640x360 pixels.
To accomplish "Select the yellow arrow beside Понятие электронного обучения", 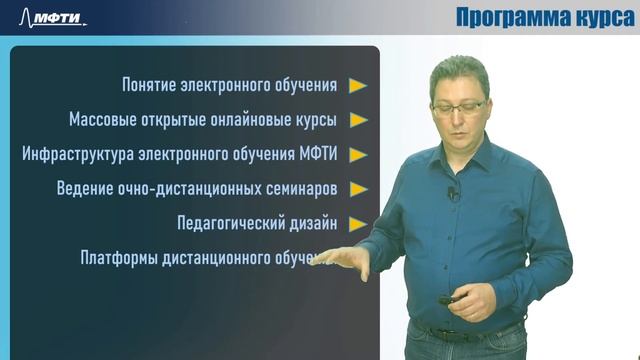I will click(358, 86).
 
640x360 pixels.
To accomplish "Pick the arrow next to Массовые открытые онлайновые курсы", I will click(358, 120).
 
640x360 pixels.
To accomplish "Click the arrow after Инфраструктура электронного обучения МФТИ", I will click(358, 155).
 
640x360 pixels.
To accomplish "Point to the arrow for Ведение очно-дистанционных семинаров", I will click(358, 189).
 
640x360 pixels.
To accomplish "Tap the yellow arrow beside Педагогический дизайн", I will click(358, 223).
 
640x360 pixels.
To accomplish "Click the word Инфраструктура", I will click(76, 155).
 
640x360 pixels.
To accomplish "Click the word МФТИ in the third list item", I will click(320, 155).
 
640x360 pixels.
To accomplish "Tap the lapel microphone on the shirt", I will click(453, 193).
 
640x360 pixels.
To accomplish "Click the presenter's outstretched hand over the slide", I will click(344, 263).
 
